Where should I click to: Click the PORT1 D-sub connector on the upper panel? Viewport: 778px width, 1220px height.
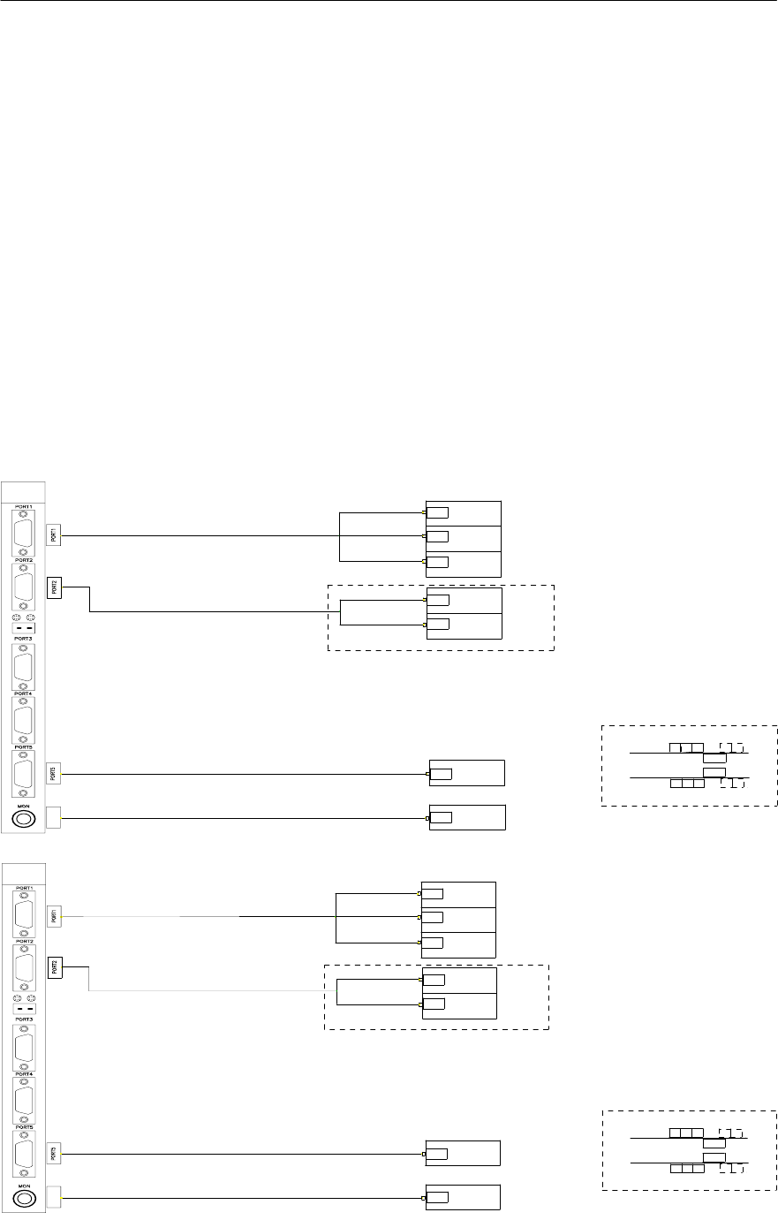coord(23,533)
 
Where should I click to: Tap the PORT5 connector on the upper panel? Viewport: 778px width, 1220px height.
coord(23,774)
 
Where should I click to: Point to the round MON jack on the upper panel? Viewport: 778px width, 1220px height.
coord(23,820)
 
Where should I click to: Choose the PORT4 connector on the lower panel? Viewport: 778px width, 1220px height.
coord(23,1101)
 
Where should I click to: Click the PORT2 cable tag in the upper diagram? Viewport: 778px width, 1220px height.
coord(54,587)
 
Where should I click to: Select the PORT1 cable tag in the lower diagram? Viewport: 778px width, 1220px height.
coord(54,916)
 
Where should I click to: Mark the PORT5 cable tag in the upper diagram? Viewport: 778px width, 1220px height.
coord(54,774)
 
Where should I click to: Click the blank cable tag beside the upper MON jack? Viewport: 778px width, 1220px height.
coord(53,818)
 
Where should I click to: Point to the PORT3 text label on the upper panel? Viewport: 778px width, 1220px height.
coord(23,637)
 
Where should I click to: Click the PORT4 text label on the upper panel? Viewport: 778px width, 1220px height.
coord(23,693)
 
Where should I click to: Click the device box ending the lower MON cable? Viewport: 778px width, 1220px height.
coord(463,1197)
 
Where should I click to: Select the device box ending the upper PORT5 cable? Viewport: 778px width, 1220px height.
coord(467,772)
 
